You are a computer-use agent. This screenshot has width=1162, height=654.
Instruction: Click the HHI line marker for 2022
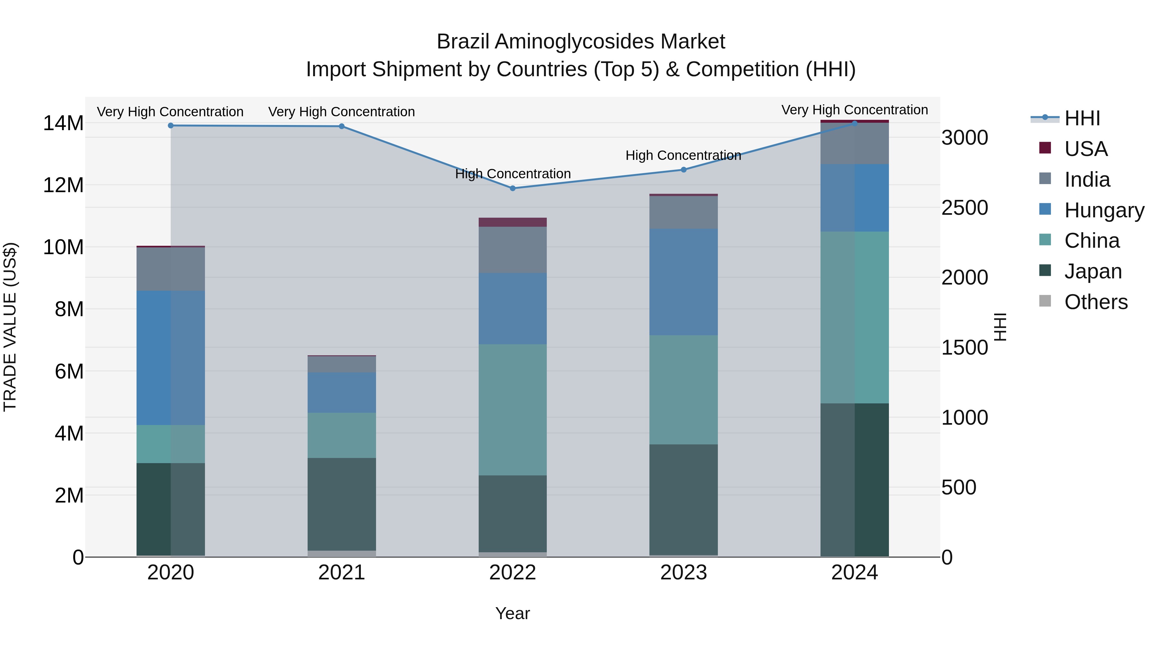513,188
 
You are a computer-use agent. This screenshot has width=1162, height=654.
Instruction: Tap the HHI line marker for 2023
683,170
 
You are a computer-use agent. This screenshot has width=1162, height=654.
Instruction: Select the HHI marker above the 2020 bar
170,126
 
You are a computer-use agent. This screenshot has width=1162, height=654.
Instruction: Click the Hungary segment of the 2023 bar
683,282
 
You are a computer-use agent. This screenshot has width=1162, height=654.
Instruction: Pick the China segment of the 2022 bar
513,410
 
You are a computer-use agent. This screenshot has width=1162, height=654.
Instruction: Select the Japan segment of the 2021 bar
341,504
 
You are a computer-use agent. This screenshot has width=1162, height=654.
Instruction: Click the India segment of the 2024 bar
854,143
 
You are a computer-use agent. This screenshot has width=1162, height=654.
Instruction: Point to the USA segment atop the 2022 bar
513,222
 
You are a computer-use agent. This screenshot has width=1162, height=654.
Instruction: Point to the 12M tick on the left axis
63,185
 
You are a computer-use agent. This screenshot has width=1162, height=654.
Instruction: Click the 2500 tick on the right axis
964,208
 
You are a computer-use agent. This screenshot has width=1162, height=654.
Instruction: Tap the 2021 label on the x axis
341,573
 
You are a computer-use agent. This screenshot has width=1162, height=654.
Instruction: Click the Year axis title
513,613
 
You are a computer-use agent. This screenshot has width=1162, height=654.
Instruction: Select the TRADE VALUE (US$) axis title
10,327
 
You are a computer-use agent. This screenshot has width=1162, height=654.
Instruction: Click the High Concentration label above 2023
683,155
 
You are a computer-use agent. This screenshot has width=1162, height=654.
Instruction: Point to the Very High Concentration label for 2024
854,110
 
